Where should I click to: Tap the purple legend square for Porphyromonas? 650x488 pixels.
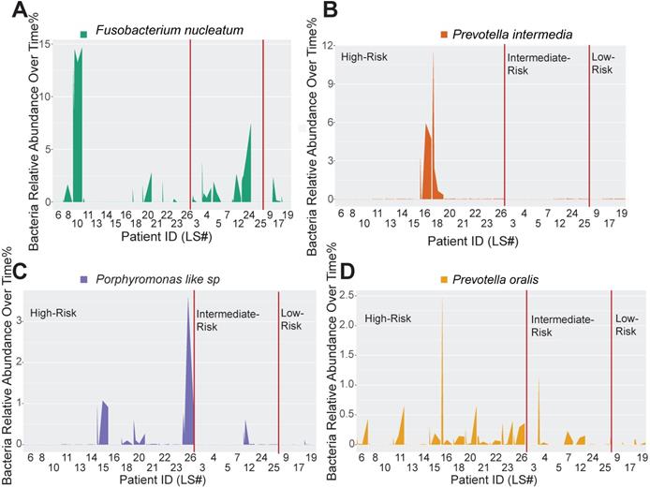point(86,279)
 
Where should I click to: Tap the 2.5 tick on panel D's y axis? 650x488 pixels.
point(346,296)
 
